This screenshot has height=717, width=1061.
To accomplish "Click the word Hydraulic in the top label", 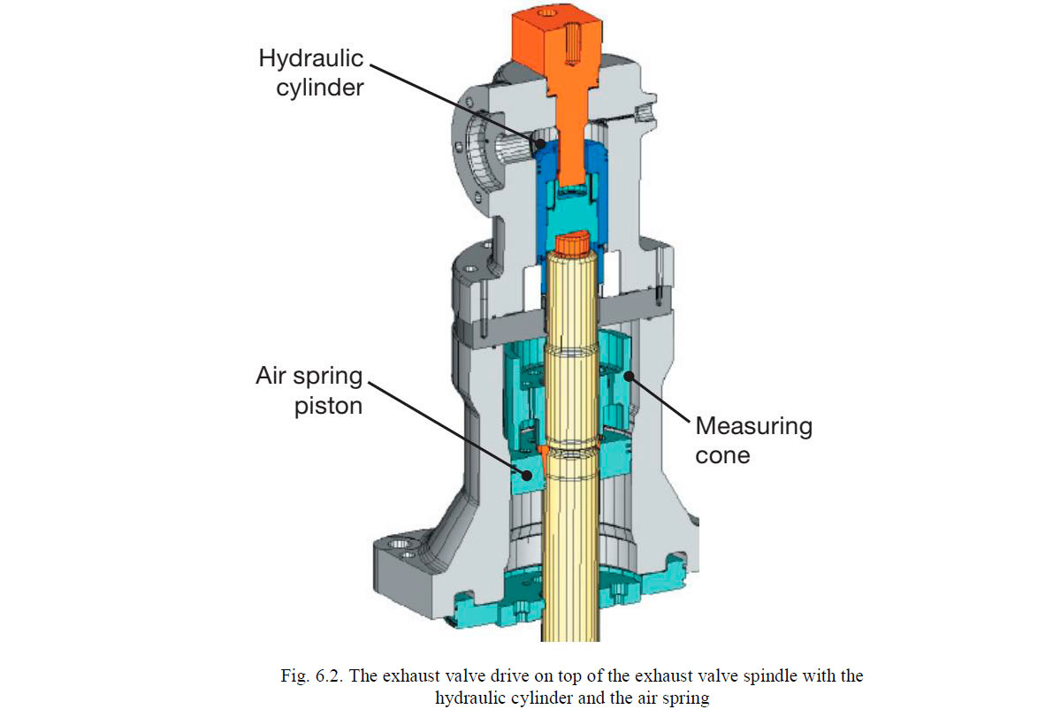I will [x=310, y=59].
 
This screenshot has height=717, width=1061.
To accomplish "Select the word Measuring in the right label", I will [x=753, y=425].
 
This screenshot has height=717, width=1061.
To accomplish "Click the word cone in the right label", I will [x=722, y=454].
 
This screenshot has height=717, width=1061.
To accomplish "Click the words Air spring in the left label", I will [x=309, y=376].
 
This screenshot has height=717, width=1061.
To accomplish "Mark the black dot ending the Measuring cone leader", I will [x=630, y=376].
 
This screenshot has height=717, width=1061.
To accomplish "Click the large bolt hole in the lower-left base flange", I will [x=400, y=542].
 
